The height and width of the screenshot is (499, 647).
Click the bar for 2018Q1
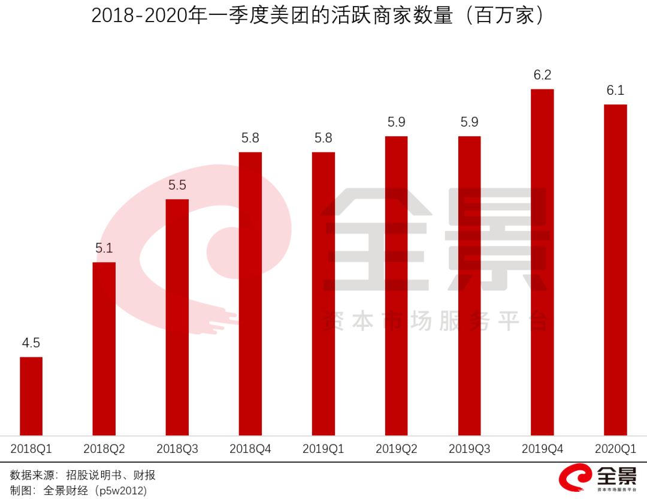point(31,396)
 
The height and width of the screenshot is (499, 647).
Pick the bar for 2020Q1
point(615,270)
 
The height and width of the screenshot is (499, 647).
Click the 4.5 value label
point(31,343)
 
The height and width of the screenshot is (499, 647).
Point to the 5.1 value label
point(104,248)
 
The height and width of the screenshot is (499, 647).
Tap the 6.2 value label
point(542,75)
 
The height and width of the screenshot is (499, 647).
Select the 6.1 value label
point(615,91)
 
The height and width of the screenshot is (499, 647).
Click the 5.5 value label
point(177,185)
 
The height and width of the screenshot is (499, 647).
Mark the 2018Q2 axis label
point(104,449)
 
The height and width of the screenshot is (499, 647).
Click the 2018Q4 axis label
point(250,449)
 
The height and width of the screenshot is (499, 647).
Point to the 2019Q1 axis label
point(323,449)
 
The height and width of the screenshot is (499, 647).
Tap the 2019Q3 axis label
point(469,449)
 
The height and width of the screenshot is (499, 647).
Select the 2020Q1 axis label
point(615,449)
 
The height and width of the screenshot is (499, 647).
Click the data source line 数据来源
point(83,476)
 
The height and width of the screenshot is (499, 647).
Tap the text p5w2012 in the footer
point(120,491)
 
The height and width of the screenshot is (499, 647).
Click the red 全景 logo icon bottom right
point(574,479)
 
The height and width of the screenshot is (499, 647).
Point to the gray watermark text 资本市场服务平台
point(435,322)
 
